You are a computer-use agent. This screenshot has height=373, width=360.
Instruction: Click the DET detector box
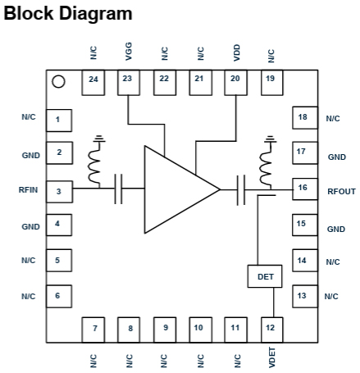point(265,276)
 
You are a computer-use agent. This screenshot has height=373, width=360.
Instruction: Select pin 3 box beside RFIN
point(59,192)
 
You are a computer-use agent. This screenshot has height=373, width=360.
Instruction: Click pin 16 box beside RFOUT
point(305,189)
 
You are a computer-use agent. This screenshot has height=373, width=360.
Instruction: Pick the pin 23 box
point(129,83)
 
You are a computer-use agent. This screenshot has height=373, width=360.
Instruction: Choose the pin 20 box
point(235,83)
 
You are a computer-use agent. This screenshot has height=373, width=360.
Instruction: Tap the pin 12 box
point(271,330)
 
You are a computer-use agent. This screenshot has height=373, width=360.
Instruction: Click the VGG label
point(128,52)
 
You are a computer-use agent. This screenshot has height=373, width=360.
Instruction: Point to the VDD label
point(236,52)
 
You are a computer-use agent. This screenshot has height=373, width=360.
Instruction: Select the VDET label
point(271,357)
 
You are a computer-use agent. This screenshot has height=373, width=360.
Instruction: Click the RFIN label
point(28,189)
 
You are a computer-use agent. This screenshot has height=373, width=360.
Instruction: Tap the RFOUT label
point(341,191)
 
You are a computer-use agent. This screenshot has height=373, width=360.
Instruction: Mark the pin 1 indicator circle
point(58,82)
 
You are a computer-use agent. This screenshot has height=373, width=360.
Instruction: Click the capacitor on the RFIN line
point(118,189)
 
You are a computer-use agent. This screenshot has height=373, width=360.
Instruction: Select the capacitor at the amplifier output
point(241,190)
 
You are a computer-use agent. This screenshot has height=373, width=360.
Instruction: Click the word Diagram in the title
point(96,14)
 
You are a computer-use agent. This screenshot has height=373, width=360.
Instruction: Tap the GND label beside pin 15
point(336,229)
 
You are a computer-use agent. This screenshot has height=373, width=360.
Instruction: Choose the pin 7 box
point(93,330)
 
